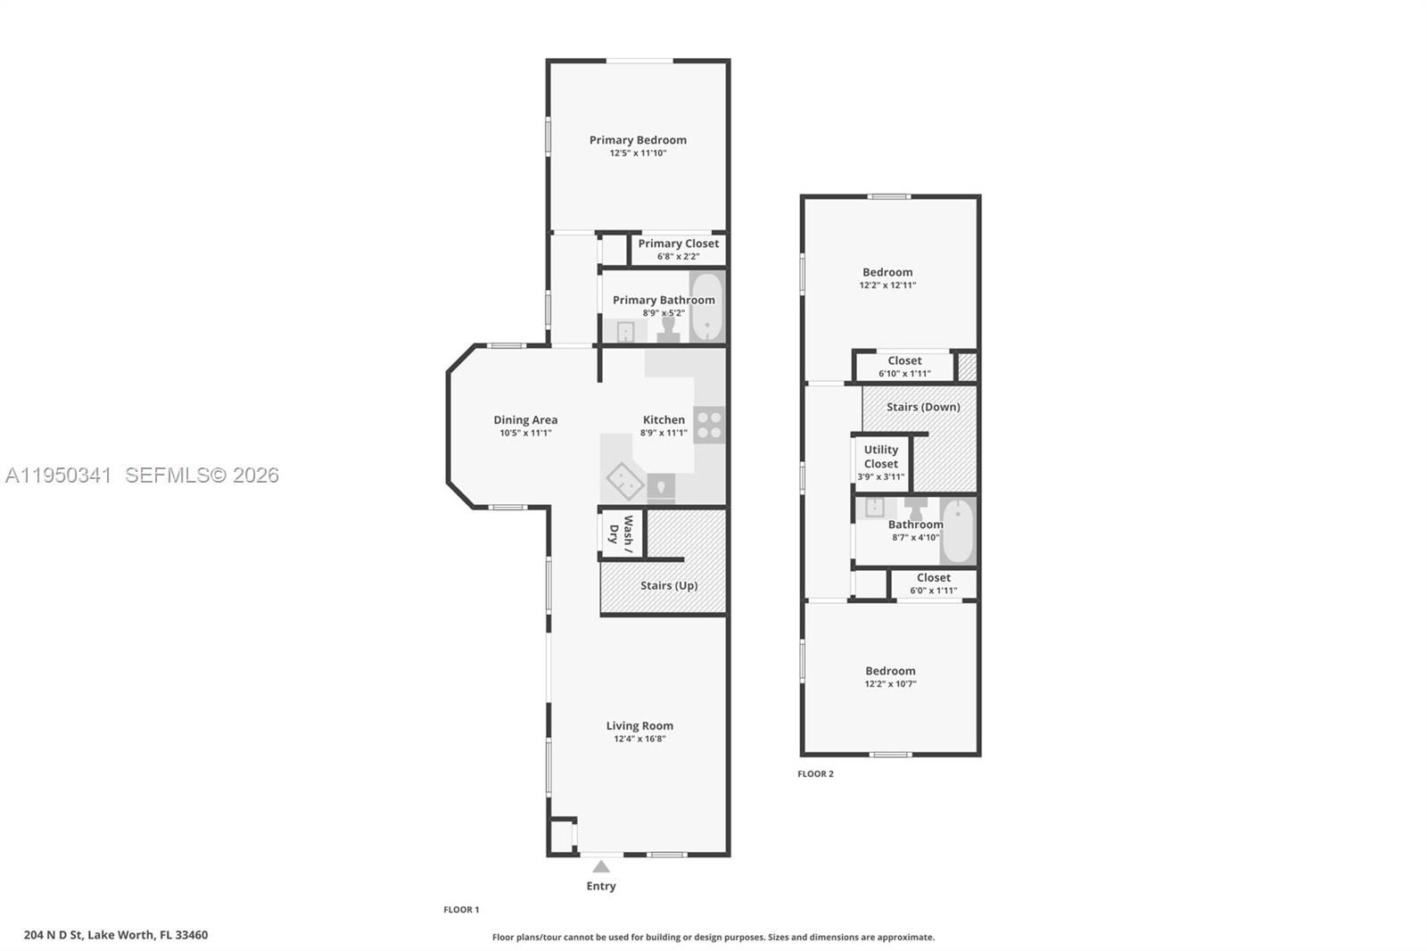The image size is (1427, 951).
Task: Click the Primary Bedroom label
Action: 638,140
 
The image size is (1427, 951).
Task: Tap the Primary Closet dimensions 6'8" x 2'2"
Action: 678,257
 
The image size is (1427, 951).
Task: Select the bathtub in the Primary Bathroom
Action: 705,307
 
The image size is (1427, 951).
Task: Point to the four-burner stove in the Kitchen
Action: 710,425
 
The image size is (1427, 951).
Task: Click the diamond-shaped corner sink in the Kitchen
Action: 625,482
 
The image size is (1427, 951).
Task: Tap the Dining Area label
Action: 525,420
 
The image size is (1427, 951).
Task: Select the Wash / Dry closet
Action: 621,533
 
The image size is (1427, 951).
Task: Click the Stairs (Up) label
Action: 669,586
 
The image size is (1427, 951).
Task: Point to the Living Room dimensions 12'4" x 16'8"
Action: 639,739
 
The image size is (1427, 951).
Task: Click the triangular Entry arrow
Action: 601,866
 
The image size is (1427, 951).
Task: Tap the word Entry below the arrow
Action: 601,886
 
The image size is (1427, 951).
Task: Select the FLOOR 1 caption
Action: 461,910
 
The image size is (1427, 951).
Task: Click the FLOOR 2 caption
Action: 815,773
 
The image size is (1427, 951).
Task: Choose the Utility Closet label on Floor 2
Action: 881,457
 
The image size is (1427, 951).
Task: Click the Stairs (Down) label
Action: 923,407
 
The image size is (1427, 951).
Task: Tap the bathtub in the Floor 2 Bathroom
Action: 958,532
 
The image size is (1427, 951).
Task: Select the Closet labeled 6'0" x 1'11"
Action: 933,583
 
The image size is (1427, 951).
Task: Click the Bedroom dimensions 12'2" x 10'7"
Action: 890,684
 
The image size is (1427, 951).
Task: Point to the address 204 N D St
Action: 115,935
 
